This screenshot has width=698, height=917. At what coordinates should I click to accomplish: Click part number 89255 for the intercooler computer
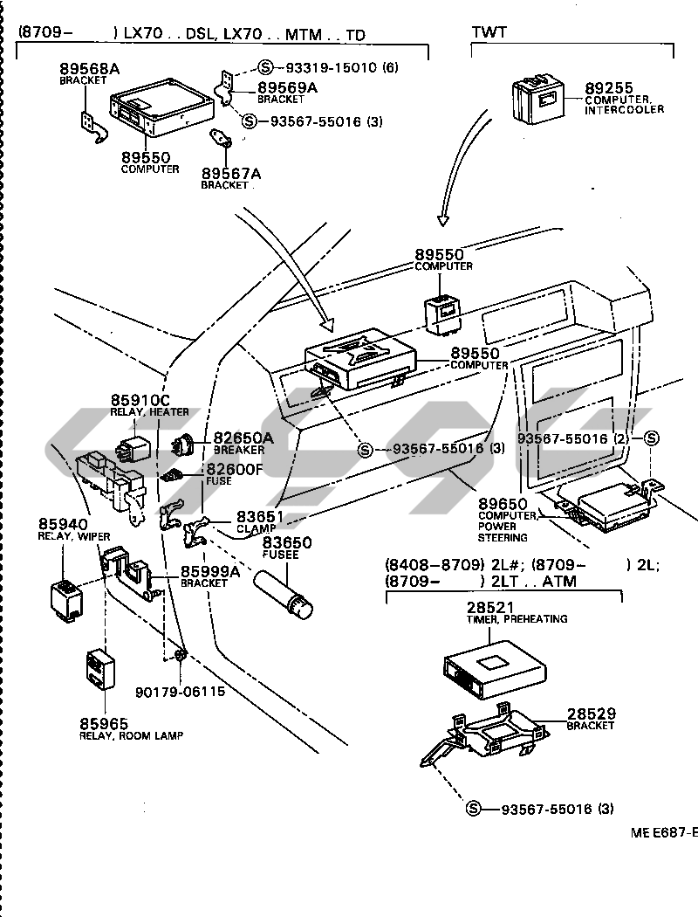(x=608, y=88)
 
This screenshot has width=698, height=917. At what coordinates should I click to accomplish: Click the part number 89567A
(x=230, y=173)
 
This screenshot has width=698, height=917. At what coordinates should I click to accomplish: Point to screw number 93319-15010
(x=327, y=67)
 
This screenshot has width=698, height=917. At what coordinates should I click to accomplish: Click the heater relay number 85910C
(x=139, y=401)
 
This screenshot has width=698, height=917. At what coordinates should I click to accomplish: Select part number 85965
(x=103, y=723)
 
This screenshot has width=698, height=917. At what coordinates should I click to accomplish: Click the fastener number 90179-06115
(x=180, y=692)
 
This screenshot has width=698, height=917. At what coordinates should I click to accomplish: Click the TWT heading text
(x=489, y=33)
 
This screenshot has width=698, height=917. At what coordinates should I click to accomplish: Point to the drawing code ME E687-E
(x=664, y=832)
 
